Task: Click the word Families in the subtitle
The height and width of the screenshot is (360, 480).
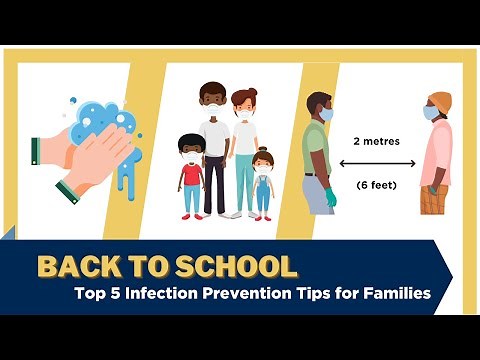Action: tap(395, 294)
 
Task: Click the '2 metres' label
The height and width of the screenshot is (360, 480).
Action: tap(375, 141)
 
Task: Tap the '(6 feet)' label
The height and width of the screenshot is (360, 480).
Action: tap(375, 185)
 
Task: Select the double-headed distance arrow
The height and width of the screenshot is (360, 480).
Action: tap(375, 163)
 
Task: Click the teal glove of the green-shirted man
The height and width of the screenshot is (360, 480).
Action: tap(329, 196)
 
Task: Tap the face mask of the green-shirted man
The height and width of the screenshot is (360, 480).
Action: tap(326, 114)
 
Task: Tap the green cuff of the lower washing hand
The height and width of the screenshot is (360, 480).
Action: tap(67, 191)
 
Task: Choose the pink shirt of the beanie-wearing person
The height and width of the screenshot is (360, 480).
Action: tap(437, 150)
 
